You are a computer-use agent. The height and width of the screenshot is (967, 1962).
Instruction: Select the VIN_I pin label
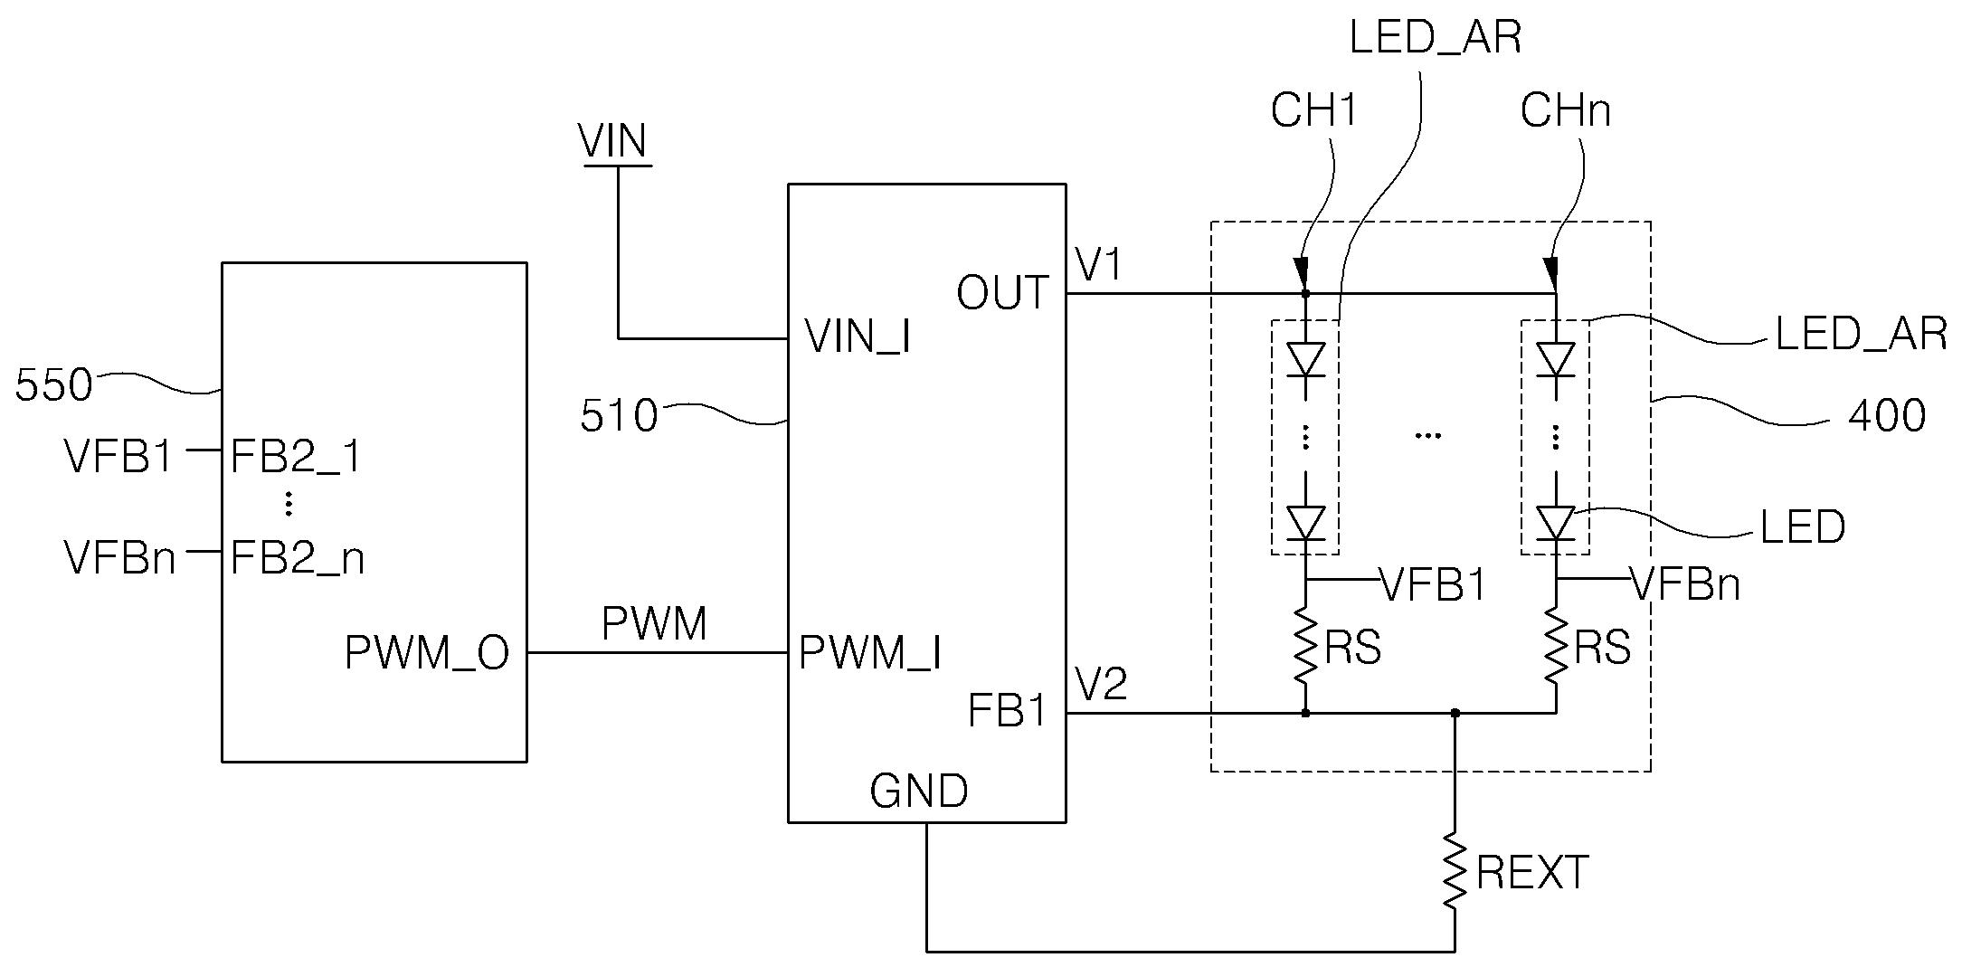pos(858,337)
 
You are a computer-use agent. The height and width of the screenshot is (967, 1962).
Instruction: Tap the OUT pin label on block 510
pos(1002,293)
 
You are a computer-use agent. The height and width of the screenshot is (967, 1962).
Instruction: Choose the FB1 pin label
pos(1008,711)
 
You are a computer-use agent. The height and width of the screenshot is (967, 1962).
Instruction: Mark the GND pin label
pos(919,792)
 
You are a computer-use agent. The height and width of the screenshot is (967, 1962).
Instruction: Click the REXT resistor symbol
pos(1455,871)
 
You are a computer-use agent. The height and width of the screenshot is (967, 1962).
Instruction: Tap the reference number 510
pos(619,417)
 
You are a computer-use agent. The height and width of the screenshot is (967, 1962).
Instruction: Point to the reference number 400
pos(1887,417)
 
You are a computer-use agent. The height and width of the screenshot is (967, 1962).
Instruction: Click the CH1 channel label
pos(1314,111)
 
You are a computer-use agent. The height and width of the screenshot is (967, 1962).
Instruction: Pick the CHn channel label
pos(1566,111)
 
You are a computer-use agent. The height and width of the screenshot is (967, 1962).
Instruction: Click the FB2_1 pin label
pos(297,458)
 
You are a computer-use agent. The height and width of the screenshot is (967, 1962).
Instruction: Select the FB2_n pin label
pos(298,559)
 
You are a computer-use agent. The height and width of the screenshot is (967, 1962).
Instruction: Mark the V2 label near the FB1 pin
pos(1101,684)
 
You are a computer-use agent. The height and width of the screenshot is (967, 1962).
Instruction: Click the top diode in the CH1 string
pos(1305,360)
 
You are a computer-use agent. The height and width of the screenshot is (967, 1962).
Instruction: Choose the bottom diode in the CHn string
pos(1556,523)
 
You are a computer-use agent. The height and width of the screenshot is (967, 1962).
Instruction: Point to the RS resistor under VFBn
pos(1556,647)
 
